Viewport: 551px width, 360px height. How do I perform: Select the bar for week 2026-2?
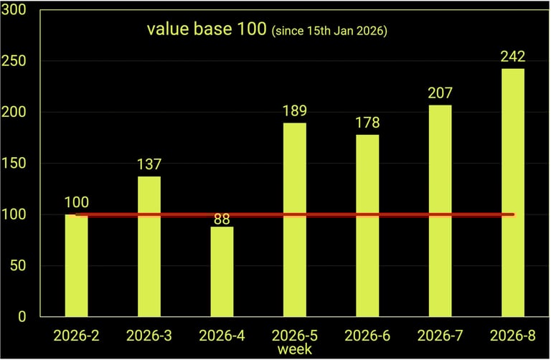[x=76, y=265]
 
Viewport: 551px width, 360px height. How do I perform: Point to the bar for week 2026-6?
[x=367, y=225]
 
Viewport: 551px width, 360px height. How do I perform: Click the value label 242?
[x=513, y=57]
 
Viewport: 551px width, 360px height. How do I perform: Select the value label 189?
[x=294, y=111]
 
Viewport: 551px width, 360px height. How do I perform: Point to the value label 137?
[x=149, y=165]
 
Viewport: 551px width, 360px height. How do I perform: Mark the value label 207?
[x=440, y=93]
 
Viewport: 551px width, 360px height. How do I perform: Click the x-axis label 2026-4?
[x=222, y=335]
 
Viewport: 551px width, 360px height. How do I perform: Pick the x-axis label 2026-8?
[x=513, y=335]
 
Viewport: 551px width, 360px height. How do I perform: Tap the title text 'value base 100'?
[x=207, y=30]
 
